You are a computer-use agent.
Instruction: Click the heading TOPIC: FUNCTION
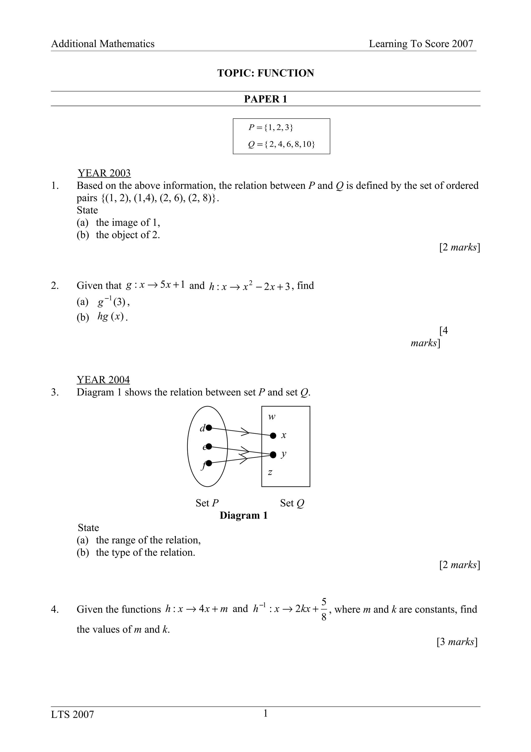265,73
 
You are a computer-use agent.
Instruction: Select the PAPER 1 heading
265,99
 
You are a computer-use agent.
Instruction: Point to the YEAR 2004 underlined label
103,380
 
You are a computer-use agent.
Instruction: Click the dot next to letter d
209,427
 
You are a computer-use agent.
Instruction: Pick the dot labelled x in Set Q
273,436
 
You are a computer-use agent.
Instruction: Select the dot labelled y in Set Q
273,455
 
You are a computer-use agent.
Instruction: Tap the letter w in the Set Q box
271,417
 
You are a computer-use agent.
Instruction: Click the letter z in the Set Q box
270,472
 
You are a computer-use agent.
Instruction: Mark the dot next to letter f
209,463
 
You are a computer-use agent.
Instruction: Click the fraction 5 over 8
324,609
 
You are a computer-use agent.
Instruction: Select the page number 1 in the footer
265,713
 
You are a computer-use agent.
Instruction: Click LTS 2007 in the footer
72,714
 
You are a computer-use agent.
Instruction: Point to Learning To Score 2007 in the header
421,44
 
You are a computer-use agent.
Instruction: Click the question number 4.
55,610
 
